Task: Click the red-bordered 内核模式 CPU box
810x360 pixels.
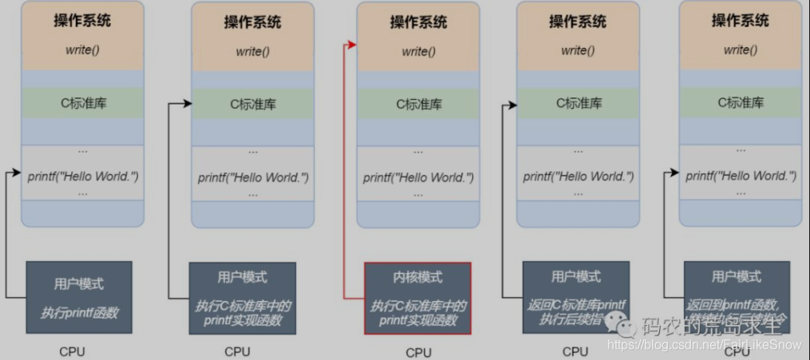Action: [417, 298]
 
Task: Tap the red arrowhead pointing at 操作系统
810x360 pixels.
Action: [352, 45]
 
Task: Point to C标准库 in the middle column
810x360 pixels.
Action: [417, 103]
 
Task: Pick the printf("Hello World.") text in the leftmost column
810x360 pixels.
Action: [83, 175]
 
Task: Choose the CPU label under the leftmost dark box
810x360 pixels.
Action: [72, 351]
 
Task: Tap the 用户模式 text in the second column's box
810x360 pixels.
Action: [242, 278]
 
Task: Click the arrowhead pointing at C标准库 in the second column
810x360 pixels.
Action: [188, 103]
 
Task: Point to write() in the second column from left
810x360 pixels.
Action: [252, 52]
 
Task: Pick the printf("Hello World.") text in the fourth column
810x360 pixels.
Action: [579, 176]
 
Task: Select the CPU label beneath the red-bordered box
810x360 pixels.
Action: [417, 352]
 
